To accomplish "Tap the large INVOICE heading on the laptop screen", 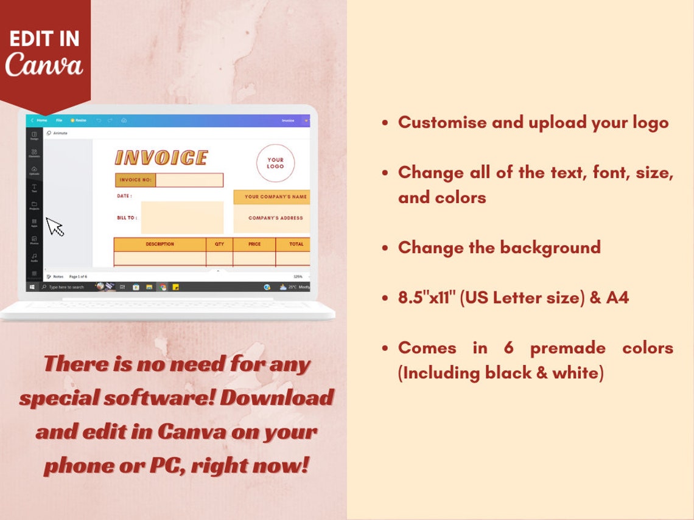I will pos(161,158).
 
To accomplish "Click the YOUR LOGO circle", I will pos(275,163).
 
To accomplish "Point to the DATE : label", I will pos(124,196).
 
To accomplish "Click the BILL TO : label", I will pos(127,217).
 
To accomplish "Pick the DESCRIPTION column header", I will pos(159,244).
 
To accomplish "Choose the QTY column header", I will pos(219,244).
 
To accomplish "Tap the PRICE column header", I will pos(254,244).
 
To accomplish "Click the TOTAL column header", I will pos(296,244).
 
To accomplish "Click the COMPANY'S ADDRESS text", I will pos(275,218).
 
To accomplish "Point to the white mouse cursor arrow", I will pos(55,226).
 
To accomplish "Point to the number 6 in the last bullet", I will pos(508,348).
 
